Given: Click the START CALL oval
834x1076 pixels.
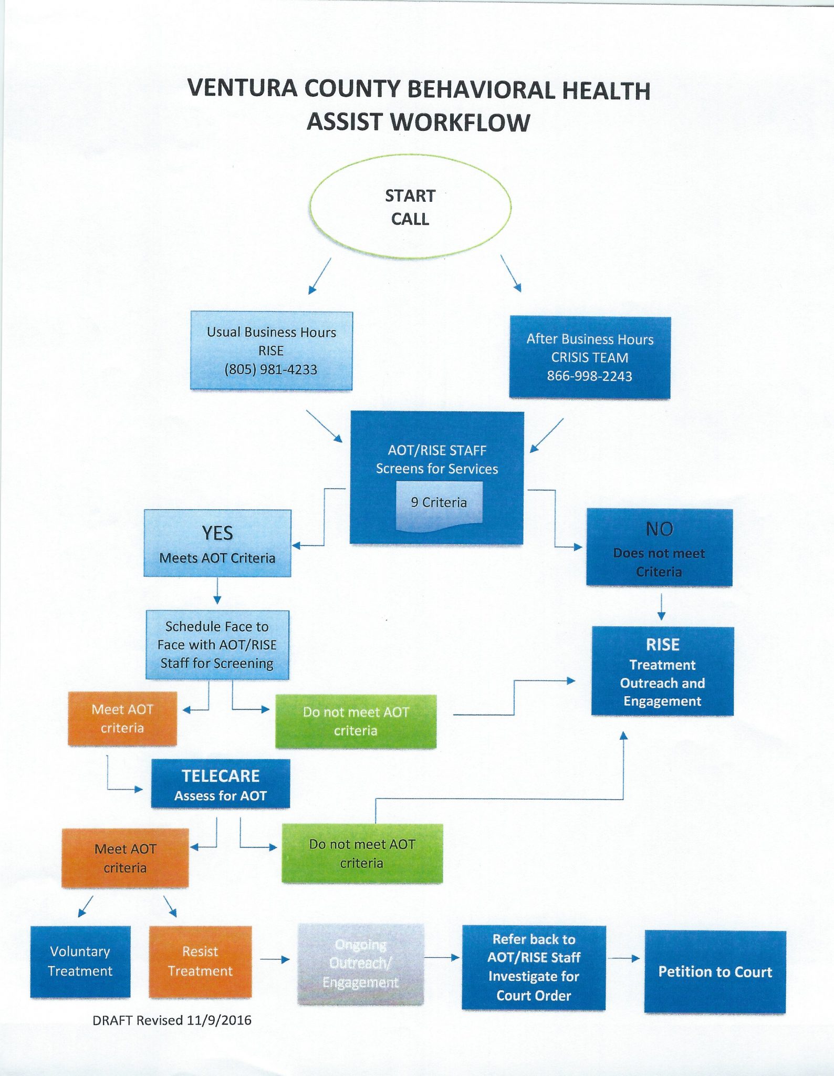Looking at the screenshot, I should tap(410, 206).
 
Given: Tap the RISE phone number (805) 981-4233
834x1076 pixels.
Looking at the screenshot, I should tap(270, 369).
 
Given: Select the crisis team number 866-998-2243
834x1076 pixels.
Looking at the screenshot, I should tap(589, 376).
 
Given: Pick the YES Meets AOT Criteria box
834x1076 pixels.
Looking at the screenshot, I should tap(217, 543).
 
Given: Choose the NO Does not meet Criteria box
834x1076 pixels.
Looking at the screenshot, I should tap(659, 547).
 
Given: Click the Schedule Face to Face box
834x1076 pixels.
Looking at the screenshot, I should tap(217, 645).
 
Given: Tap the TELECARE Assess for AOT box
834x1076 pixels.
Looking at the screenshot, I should tap(221, 784).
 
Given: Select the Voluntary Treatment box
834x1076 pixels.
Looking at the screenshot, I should tap(80, 961).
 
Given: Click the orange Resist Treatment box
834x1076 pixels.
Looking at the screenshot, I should tap(200, 961).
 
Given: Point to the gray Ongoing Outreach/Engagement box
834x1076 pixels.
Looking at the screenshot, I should tap(360, 964).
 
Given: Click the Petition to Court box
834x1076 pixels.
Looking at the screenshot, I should tap(715, 972).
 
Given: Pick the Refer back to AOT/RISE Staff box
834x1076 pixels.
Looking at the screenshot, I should tap(534, 967).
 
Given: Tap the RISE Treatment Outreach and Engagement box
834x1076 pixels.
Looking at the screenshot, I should tap(662, 671).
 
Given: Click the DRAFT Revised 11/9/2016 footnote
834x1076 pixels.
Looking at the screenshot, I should tap(172, 1020).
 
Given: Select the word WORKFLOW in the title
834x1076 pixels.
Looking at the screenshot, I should tap(461, 123).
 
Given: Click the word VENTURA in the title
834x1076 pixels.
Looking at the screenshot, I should tap(243, 88).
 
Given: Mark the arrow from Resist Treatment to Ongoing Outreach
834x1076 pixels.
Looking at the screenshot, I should tap(275, 959).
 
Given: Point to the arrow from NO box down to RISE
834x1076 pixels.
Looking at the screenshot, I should tap(661, 607).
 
